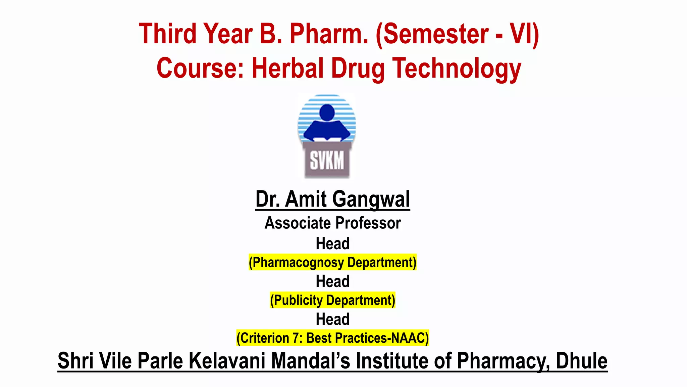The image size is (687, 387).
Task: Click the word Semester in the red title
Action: (x=435, y=34)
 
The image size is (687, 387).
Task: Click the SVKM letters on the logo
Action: (x=327, y=161)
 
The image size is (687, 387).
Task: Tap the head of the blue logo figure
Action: (x=327, y=112)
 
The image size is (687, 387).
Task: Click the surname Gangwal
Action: (x=371, y=199)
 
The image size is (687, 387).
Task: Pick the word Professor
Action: (x=368, y=223)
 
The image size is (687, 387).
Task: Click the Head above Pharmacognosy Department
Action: (x=332, y=244)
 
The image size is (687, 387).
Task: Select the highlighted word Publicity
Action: (x=298, y=300)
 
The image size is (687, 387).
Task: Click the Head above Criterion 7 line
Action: (x=332, y=319)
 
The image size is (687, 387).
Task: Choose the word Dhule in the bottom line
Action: (x=581, y=361)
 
